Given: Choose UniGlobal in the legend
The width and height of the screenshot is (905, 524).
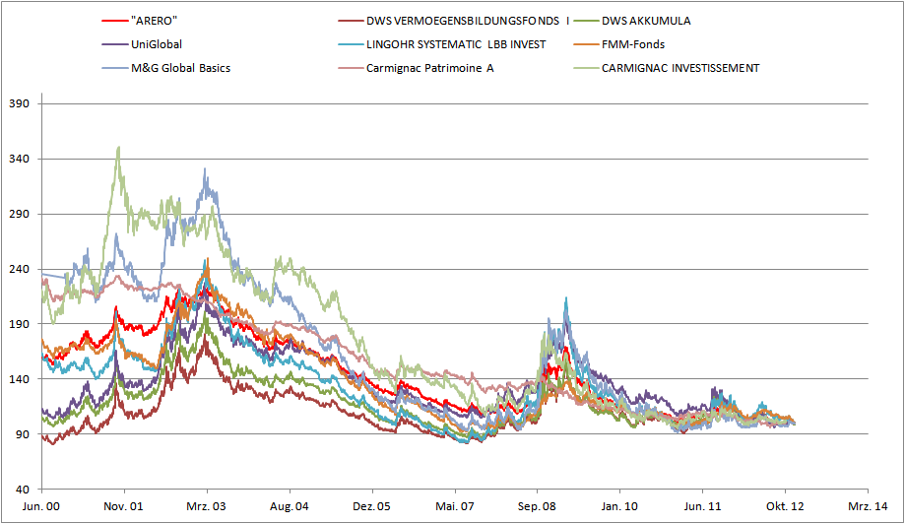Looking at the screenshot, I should coord(157,44).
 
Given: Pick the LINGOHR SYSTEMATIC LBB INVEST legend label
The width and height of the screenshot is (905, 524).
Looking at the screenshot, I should coord(455,44).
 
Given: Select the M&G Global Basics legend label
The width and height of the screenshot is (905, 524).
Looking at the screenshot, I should coord(181,68).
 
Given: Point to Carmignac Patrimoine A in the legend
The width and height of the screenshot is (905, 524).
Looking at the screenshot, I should coord(429,68).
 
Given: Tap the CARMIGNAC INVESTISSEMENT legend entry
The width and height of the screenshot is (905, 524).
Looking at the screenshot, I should coord(679,68).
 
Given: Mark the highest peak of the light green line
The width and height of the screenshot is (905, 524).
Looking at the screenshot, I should coord(119,148).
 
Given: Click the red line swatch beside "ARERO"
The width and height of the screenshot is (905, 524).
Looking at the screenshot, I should coord(114,21).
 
